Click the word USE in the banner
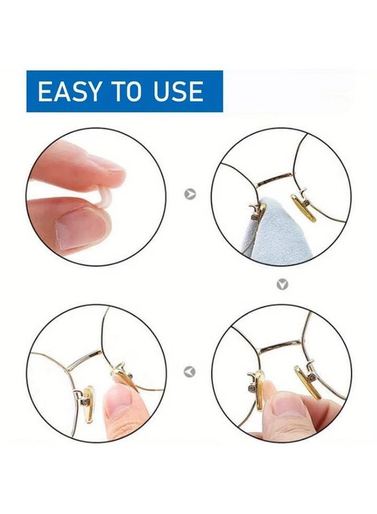click(178, 92)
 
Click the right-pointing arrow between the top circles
click(190, 194)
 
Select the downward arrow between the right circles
click(282, 284)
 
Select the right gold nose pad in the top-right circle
click(303, 207)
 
